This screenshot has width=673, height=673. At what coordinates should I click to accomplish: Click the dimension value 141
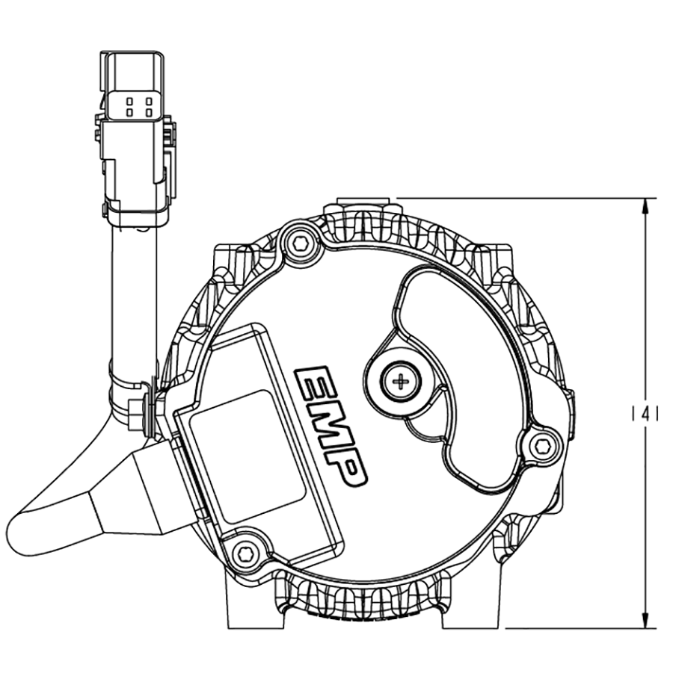(645, 413)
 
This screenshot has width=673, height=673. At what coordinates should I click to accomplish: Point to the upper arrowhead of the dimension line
(645, 205)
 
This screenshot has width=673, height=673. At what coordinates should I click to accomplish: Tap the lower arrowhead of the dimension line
(645, 621)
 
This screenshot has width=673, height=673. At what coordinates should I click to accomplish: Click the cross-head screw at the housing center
(402, 382)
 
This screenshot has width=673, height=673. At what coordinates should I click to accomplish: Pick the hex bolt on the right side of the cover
(543, 446)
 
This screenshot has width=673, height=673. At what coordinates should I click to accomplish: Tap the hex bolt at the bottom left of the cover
(245, 553)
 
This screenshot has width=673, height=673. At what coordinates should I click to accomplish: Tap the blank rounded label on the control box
(247, 456)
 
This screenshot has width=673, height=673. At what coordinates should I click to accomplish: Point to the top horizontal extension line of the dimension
(523, 198)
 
